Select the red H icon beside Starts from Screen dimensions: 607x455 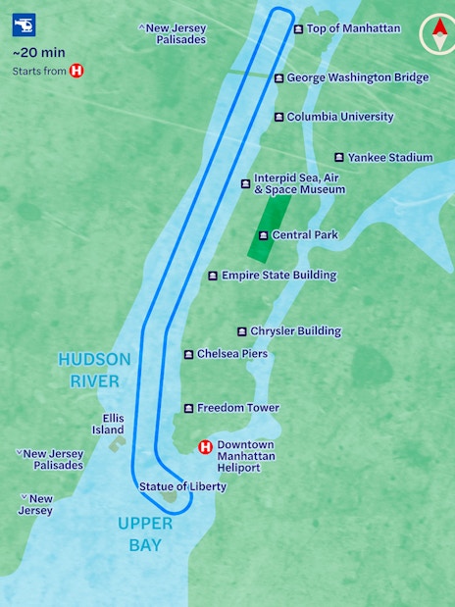(x=76, y=71)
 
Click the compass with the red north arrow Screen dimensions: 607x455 (x=433, y=34)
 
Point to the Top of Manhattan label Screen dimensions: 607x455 (x=353, y=28)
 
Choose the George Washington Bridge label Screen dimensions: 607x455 (x=357, y=77)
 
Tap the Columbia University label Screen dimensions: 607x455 (x=339, y=117)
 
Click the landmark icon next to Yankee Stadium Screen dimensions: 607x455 (x=339, y=157)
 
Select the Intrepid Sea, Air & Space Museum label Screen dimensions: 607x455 (x=299, y=183)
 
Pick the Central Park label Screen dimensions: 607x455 (x=304, y=235)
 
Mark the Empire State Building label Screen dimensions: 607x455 (x=278, y=276)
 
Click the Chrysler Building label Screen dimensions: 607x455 (x=295, y=331)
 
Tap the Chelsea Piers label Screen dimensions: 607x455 (x=231, y=354)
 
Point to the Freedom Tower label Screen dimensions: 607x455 (x=237, y=408)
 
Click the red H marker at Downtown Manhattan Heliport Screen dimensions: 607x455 (x=206, y=447)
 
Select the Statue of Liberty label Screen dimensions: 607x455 (x=181, y=486)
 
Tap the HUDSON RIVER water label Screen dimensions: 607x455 (x=88, y=370)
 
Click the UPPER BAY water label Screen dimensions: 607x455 (x=145, y=534)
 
